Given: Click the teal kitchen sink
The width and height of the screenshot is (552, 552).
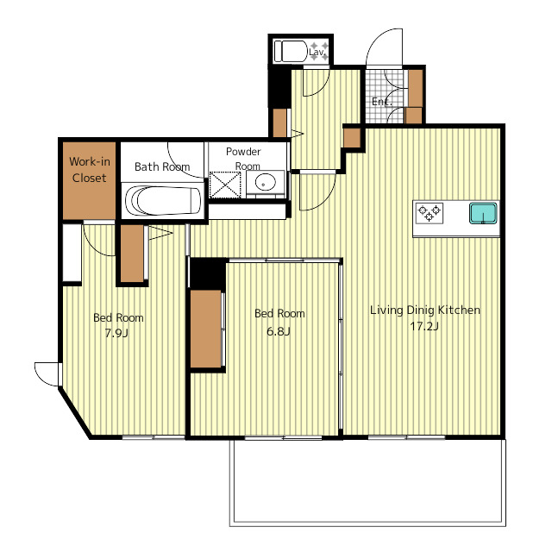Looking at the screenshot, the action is tap(483, 213).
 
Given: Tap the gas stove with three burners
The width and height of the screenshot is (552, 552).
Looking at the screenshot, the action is tap(430, 213).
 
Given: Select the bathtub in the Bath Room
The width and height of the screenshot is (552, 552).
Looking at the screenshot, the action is tap(163, 201).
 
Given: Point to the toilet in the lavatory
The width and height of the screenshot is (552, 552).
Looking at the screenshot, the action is tap(292, 52).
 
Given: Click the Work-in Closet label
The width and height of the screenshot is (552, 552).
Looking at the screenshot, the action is tap(90, 170).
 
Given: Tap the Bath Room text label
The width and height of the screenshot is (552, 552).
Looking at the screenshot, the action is tap(162, 166).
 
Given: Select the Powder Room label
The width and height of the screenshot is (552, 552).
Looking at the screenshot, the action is tap(243, 159).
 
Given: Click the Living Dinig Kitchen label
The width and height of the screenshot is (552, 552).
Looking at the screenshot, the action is tap(425, 310).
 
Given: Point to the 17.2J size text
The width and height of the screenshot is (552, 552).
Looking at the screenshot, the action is tap(424, 326).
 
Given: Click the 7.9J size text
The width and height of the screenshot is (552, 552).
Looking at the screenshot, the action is tap(116, 333).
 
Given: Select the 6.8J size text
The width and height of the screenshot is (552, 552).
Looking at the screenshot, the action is tap(278, 331).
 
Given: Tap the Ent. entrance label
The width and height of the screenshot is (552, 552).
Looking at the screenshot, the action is tap(381, 102).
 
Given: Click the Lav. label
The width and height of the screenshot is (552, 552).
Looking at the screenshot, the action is tap(317, 52).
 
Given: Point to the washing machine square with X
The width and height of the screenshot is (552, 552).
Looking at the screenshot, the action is tap(225, 185).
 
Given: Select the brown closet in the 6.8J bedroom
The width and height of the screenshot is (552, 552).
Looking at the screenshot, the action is tap(206, 329).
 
